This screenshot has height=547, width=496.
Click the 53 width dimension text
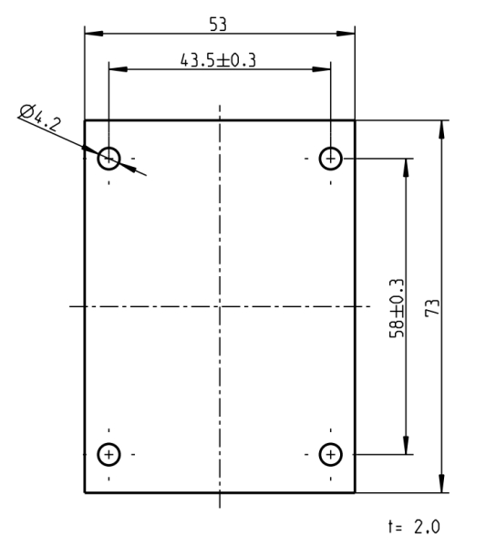218,25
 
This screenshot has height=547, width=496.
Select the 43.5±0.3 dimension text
218,60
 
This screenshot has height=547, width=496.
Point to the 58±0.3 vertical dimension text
397,308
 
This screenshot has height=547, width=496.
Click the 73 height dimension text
432,307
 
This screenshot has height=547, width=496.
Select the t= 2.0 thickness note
414,526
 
